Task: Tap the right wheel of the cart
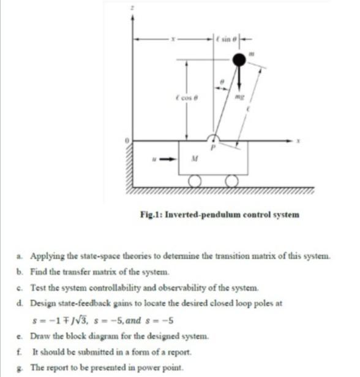(x=233, y=181)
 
